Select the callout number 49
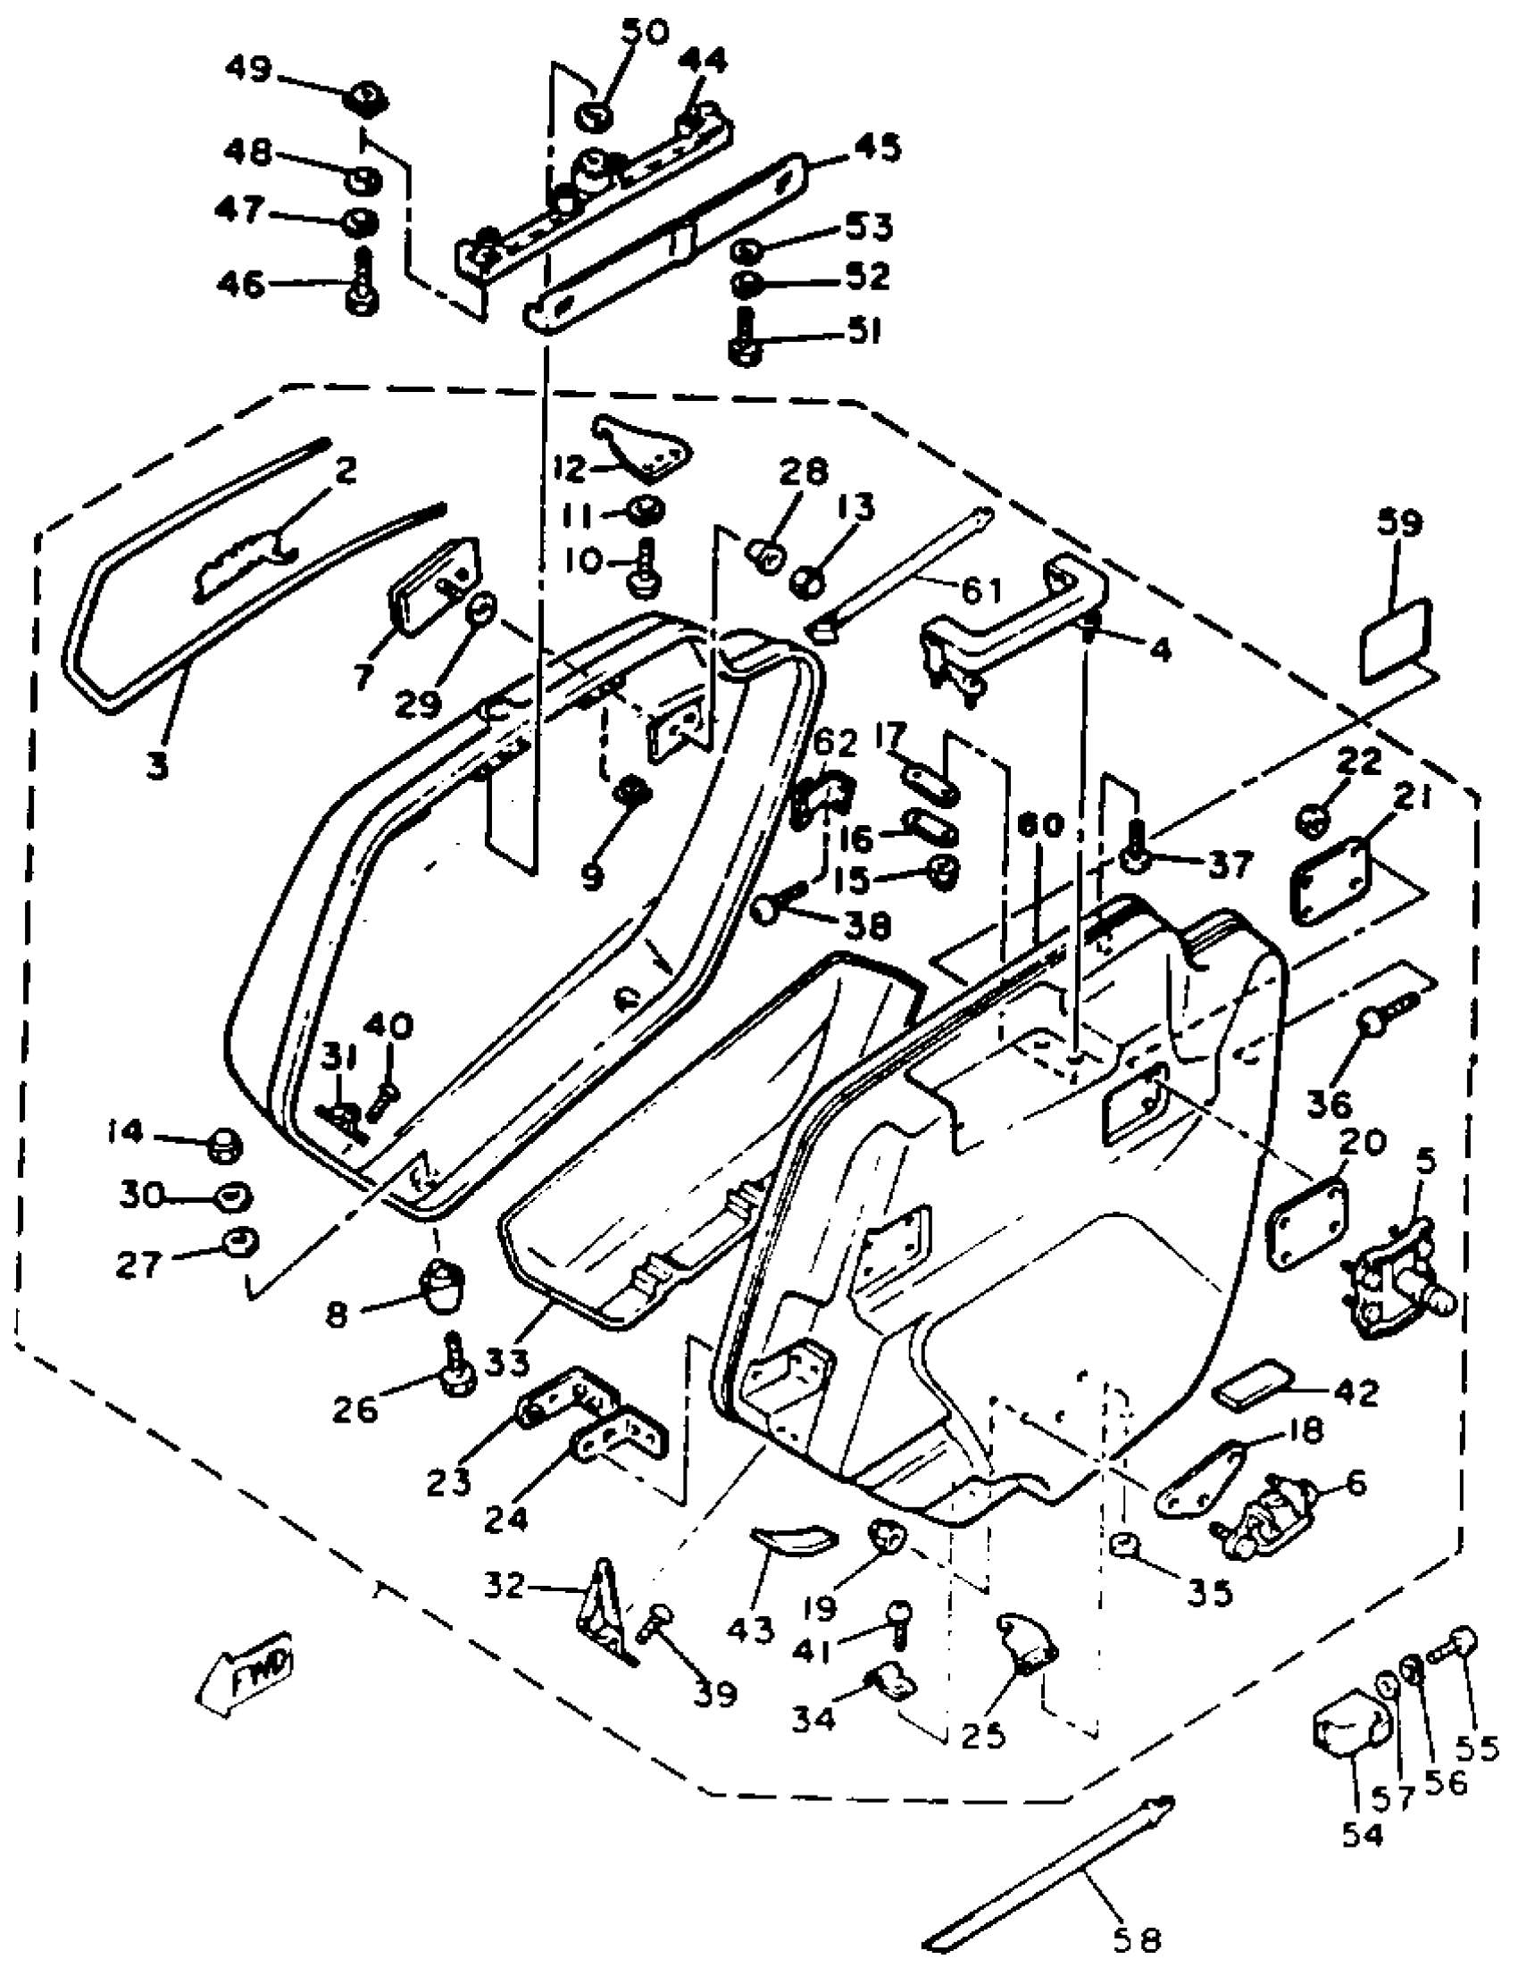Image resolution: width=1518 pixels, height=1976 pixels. pos(248,70)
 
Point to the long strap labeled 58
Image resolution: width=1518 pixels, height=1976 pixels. pos(1048,1865)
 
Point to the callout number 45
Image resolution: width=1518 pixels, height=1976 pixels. pos(877,146)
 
